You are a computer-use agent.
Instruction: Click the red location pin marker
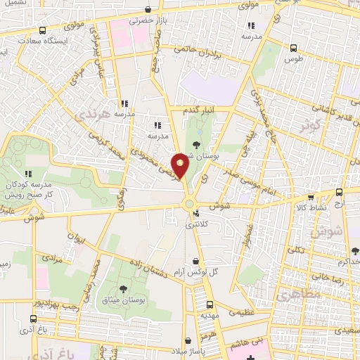tap(181, 165)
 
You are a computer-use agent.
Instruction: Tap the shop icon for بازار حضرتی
tap(147, 10)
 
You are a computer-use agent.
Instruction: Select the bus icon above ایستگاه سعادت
tap(44, 30)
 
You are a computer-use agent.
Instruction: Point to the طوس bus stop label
tap(292, 60)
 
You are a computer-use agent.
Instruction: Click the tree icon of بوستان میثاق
tap(124, 288)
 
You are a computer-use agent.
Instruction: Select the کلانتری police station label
tap(196, 226)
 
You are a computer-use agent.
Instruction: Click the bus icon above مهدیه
tap(210, 304)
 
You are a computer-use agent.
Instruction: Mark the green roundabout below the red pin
tap(188, 204)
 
